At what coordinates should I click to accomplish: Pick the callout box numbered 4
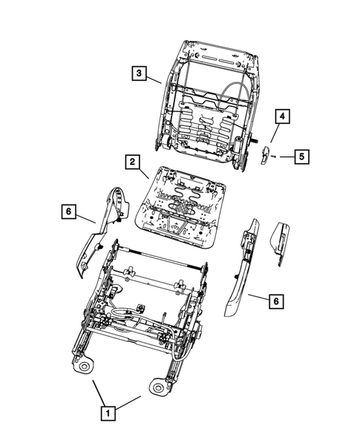(282, 116)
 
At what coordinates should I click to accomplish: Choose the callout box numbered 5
(301, 157)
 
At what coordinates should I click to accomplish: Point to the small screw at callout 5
(274, 157)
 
